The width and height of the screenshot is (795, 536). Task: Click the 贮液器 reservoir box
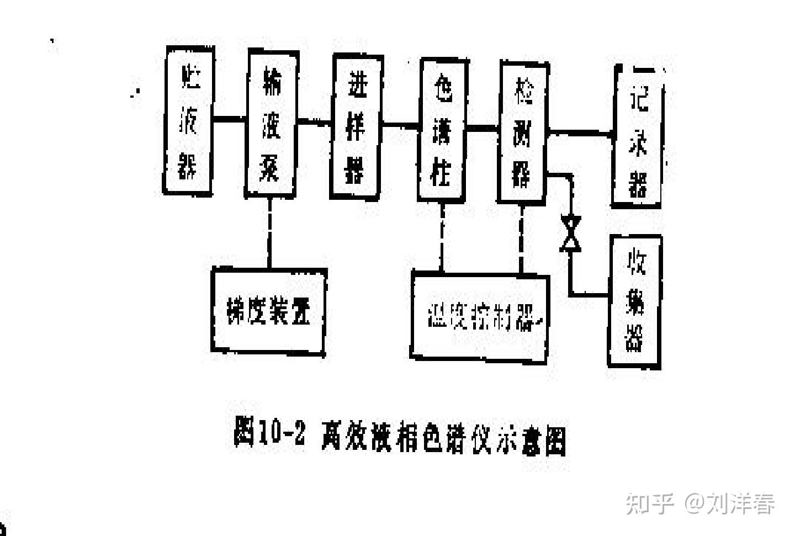188,120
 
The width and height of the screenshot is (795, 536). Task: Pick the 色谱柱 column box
442,129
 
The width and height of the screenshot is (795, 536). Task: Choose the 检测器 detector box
523,132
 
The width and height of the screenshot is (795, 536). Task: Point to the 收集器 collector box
635,301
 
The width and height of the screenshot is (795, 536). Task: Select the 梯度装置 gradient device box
269,310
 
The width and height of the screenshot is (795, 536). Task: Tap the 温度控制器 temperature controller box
480,316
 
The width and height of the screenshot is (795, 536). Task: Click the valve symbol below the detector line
570,233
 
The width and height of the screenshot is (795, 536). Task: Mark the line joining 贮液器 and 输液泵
229,118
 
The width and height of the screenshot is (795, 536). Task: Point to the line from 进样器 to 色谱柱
401,125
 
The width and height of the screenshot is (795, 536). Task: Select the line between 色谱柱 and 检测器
483,128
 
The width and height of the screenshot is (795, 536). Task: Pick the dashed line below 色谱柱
442,236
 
